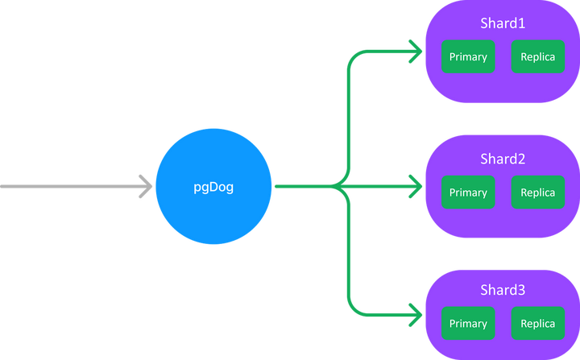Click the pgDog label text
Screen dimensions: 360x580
[214, 188]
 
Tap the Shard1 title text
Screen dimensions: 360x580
[503, 24]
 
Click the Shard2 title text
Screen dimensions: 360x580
[503, 159]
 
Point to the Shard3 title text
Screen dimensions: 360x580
[503, 290]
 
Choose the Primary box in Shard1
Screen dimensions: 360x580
[468, 57]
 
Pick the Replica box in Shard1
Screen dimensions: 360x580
[537, 57]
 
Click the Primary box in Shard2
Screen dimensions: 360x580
[468, 192]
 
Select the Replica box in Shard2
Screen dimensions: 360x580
[537, 192]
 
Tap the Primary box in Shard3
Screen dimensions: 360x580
[468, 324]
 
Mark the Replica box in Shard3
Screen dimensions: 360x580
[537, 324]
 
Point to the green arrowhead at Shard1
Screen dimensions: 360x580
[416, 54]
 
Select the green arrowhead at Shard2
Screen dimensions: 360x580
[416, 187]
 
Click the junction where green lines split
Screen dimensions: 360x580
[346, 187]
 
